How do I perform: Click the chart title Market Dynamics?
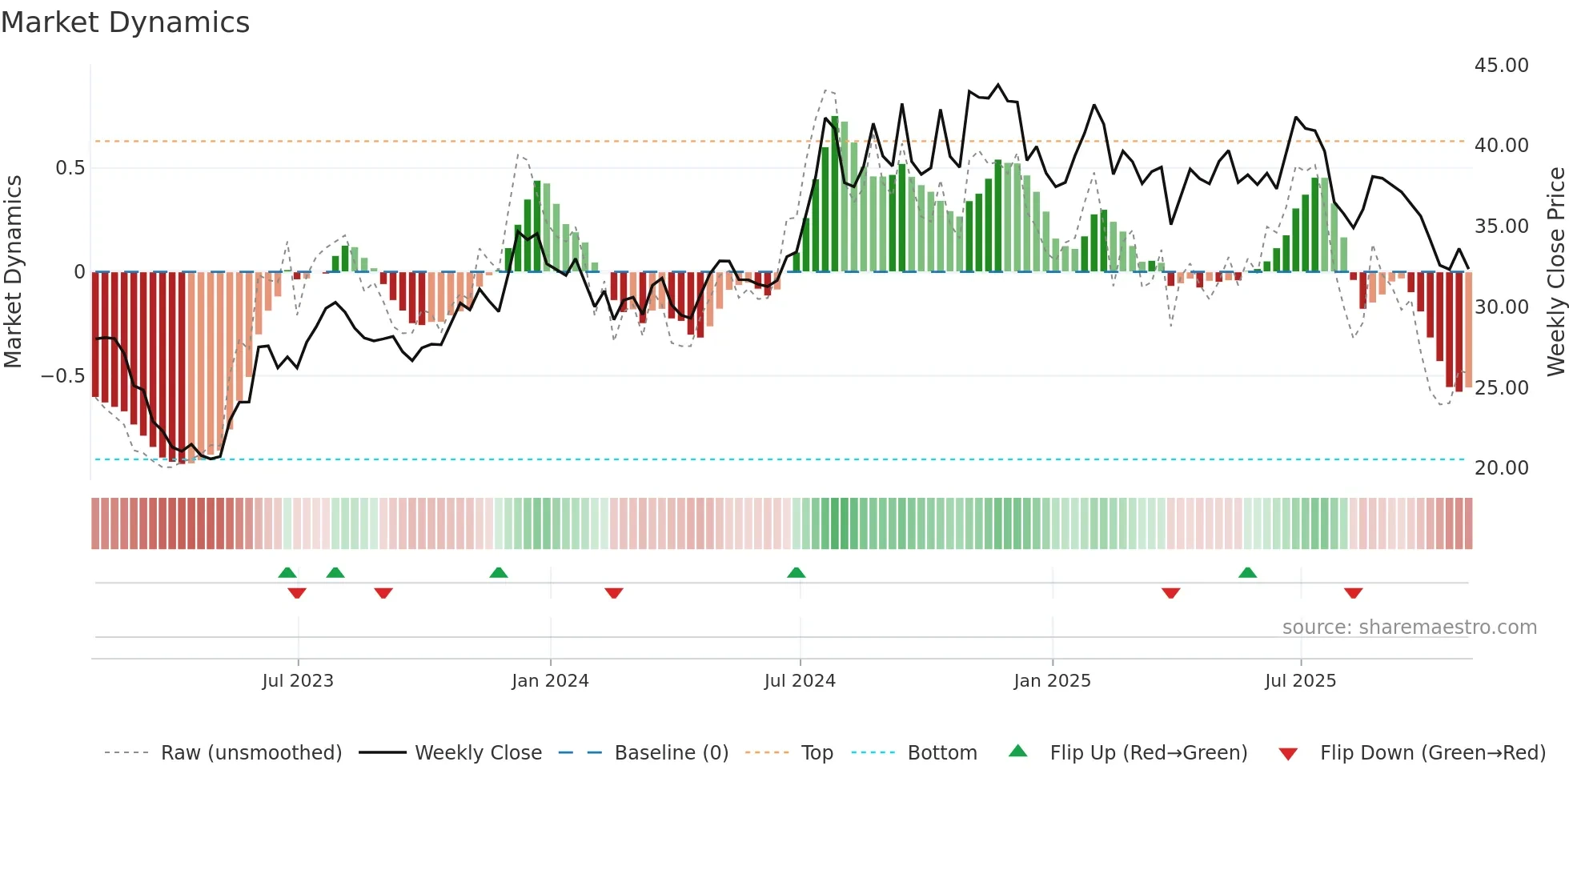pos(126,22)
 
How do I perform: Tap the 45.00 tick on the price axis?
pos(1501,66)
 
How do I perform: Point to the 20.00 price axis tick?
pos(1501,468)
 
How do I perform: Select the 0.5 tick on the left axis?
pos(70,168)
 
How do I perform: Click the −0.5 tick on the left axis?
pos(63,376)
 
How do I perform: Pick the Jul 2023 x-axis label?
pos(298,681)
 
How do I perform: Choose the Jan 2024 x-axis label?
pos(550,681)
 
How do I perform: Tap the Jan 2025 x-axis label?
pos(1052,681)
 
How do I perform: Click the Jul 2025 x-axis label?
pos(1300,681)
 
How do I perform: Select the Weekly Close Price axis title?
pos(1555,272)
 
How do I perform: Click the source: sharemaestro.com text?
pos(1409,627)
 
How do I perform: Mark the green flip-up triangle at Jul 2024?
pos(796,573)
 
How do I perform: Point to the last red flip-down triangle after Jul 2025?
pos(1353,593)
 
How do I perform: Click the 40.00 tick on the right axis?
pos(1501,146)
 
